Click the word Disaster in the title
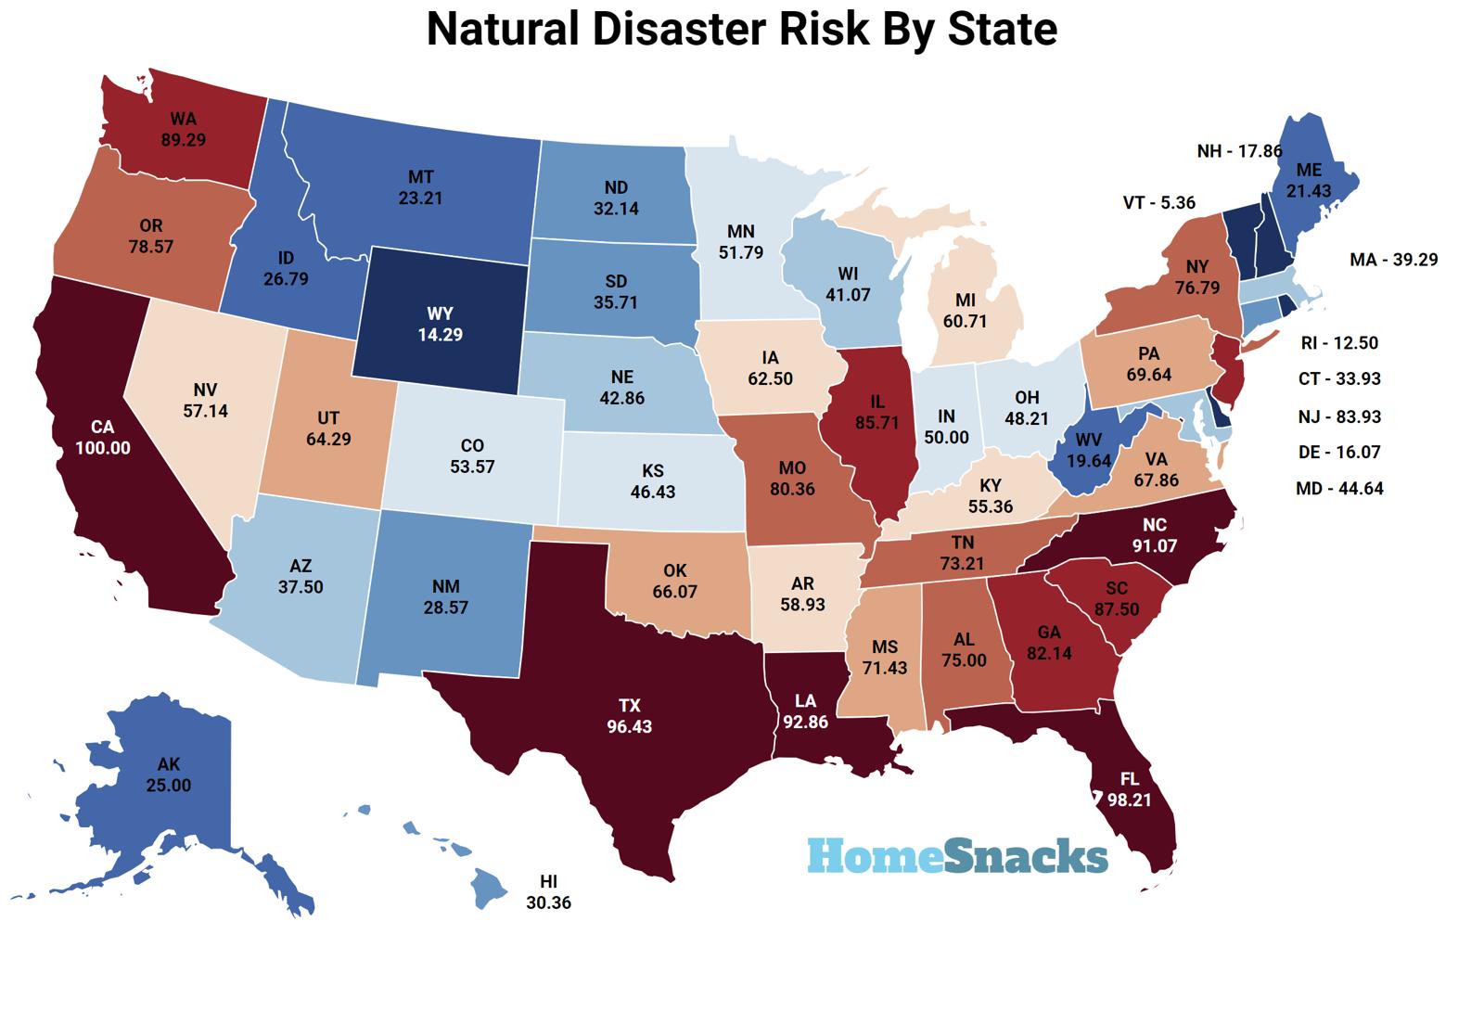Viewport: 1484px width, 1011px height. [662, 29]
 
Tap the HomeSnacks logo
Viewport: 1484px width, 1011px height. [956, 855]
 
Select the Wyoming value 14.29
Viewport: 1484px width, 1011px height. [440, 334]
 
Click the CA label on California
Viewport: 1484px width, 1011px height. [102, 427]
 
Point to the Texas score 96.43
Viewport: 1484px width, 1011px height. [630, 726]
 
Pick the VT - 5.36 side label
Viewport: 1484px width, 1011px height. [1158, 202]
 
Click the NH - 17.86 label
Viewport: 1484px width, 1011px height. [1239, 150]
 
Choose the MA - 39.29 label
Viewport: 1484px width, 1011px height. [1393, 260]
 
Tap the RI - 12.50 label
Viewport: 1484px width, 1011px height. [1339, 342]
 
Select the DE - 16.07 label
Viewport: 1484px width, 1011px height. [1339, 452]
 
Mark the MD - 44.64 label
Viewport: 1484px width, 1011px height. [1339, 488]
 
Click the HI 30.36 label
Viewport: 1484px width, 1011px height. [548, 891]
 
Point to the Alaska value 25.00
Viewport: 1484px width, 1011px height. [169, 785]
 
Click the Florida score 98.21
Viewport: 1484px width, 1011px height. [1129, 800]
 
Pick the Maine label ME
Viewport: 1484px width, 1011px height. [1309, 170]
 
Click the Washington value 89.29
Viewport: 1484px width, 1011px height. [183, 140]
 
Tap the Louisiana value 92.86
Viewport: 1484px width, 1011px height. [804, 721]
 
